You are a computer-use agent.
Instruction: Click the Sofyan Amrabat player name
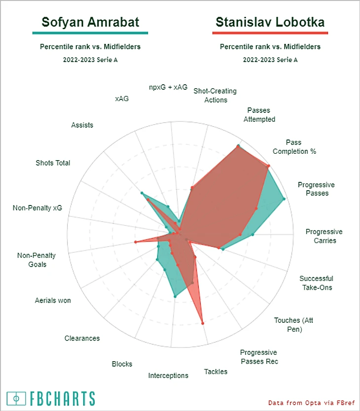click(90, 22)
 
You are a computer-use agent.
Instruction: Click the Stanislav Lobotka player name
click(270, 22)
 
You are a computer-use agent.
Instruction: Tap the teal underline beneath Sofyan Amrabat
click(90, 33)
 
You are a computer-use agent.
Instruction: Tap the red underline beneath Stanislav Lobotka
click(270, 33)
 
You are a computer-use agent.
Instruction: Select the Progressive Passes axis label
click(316, 189)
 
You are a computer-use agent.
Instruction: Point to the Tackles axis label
click(216, 372)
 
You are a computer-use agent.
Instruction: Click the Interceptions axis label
click(168, 376)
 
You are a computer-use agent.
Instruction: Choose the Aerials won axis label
click(53, 300)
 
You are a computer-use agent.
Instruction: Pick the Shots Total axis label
click(53, 163)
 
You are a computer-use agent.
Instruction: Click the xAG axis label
click(122, 99)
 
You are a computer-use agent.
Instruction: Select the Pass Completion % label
click(294, 147)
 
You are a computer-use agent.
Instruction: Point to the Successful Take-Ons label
click(316, 283)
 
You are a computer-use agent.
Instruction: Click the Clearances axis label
click(82, 338)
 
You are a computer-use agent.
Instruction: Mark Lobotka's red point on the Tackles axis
click(203, 323)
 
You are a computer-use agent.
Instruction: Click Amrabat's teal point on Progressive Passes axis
click(284, 199)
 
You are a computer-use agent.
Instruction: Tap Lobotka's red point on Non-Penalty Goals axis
click(135, 242)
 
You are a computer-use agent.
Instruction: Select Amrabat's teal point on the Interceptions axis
click(175, 296)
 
